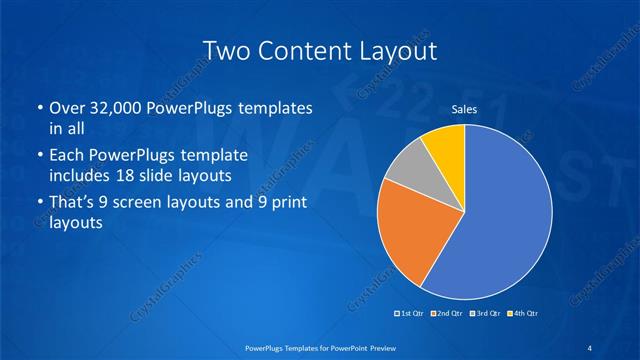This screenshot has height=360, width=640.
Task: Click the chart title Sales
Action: click(x=464, y=109)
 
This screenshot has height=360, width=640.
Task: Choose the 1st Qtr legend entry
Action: click(x=412, y=314)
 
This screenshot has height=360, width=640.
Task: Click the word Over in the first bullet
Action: click(x=66, y=108)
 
